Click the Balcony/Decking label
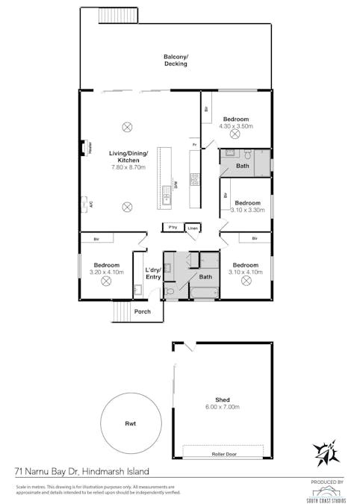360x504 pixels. click(176, 60)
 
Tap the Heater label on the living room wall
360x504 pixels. click(89, 148)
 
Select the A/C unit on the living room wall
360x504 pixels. click(84, 202)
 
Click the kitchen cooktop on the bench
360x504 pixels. click(194, 178)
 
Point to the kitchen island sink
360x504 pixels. click(166, 199)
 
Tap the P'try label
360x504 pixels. click(173, 227)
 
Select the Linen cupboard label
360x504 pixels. click(192, 227)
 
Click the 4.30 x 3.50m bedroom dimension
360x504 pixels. click(235, 126)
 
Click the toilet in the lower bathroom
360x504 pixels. click(170, 290)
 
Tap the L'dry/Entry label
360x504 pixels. click(152, 273)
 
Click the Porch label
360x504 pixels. click(142, 311)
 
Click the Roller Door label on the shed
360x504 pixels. click(223, 452)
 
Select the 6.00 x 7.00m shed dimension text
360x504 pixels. click(222, 407)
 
